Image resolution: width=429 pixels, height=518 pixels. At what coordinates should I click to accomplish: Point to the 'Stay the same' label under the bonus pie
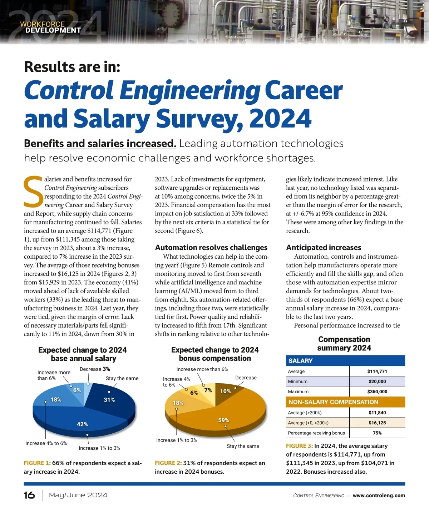coord(243,446)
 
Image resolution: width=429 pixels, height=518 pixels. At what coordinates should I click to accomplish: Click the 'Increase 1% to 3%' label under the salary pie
coord(99,448)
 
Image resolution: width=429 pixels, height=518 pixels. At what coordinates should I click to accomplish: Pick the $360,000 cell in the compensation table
coord(377,392)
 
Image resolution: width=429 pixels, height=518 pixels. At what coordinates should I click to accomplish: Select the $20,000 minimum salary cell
coord(377,382)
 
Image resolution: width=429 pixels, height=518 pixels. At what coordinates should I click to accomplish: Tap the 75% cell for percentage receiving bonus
coord(377,433)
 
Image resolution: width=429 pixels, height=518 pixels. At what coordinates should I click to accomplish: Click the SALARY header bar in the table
coord(345,361)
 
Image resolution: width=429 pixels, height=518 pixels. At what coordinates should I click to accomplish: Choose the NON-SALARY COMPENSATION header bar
coord(345,402)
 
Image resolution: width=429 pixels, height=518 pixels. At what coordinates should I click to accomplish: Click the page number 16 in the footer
coord(29,495)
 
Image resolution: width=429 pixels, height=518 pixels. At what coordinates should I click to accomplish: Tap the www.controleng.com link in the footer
coord(379,495)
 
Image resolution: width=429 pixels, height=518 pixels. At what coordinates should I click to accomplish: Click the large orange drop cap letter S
coord(33,192)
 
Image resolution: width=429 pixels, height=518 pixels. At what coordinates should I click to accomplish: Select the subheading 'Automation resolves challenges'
coord(211,248)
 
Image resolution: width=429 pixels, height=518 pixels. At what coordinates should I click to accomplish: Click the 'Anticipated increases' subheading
coord(324,248)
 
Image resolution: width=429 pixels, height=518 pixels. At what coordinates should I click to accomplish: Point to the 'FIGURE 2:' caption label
coord(168,463)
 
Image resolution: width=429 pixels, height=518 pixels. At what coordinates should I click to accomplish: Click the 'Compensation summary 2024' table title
coord(344,344)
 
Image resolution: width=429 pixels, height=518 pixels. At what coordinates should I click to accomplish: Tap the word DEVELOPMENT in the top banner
coord(53,31)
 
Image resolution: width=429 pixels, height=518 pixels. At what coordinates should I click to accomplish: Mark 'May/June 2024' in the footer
coord(78,495)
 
